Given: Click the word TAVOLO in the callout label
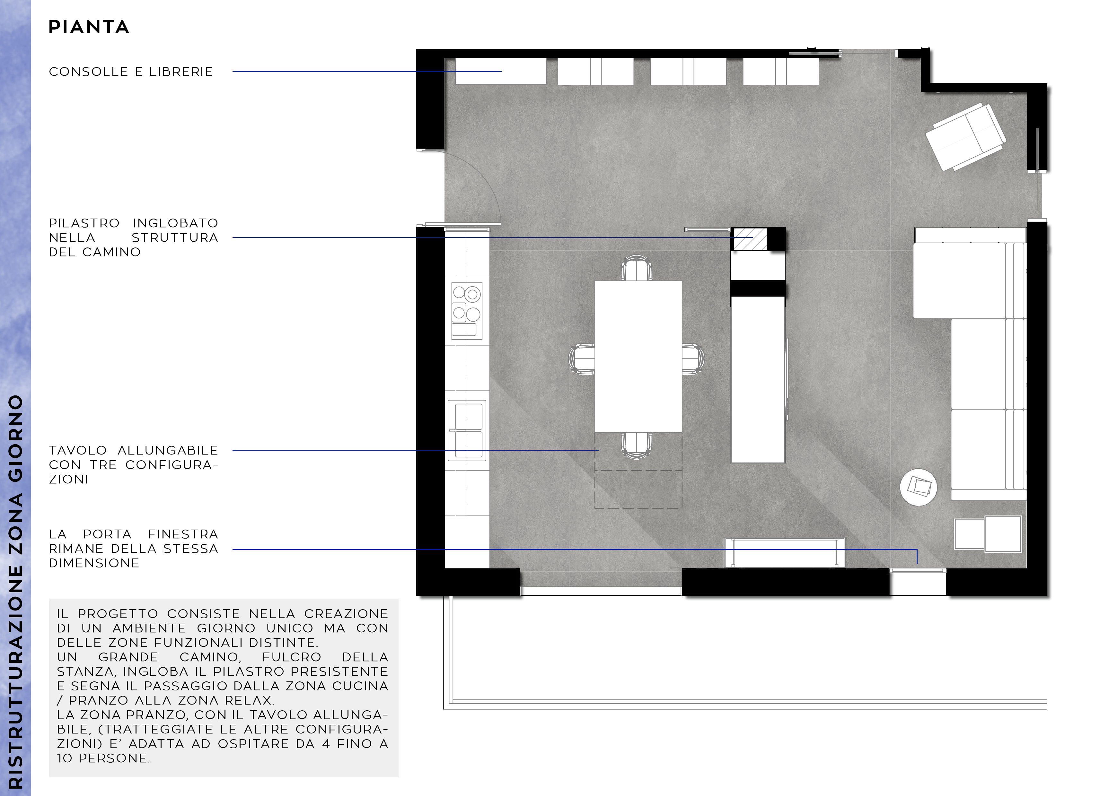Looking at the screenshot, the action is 78,450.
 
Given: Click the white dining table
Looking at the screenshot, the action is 638,356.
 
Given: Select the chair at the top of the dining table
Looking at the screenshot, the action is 637,269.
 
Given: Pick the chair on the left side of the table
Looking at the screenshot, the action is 582,359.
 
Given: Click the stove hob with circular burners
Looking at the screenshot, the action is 467,311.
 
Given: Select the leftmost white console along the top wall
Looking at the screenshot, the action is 500,71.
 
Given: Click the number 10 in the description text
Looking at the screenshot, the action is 65,758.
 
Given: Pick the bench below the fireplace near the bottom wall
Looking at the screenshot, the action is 785,552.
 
